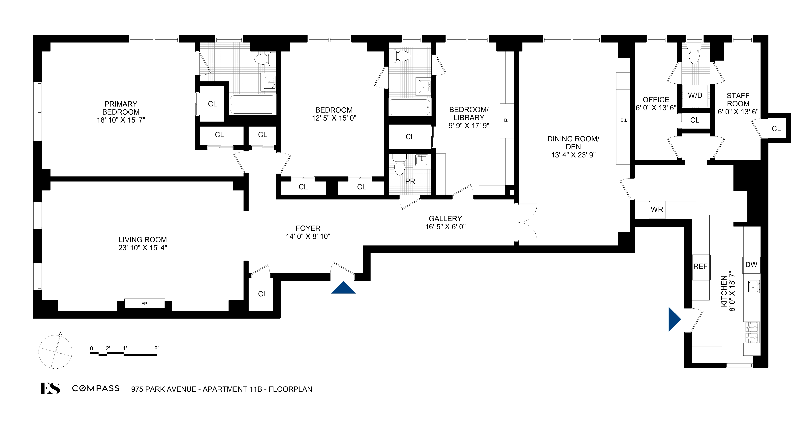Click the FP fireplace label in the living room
pos(144,304)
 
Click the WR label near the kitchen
pos(657,210)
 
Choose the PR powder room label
pos(410,182)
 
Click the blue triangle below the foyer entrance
pos(343,288)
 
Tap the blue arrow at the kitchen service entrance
pos(674,320)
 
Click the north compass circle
pos(55,352)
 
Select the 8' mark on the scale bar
pos(156,348)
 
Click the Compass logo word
pos(96,388)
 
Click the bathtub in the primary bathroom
pos(253,104)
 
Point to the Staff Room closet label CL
pos(776,129)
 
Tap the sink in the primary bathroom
pos(269,82)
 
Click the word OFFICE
pos(656,100)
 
